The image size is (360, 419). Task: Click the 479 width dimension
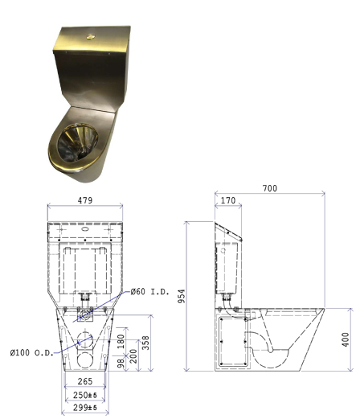click(85, 200)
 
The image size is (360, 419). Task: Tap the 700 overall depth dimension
click(270, 188)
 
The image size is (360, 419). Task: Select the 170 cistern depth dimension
click(228, 200)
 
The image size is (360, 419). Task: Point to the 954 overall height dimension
click(182, 296)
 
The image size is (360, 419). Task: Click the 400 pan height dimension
click(346, 339)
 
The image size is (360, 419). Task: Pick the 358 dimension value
click(145, 343)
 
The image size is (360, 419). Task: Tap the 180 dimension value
click(121, 341)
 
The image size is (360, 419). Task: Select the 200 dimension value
click(133, 355)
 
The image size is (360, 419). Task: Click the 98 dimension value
click(121, 363)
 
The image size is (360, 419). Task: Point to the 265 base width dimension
click(85, 381)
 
